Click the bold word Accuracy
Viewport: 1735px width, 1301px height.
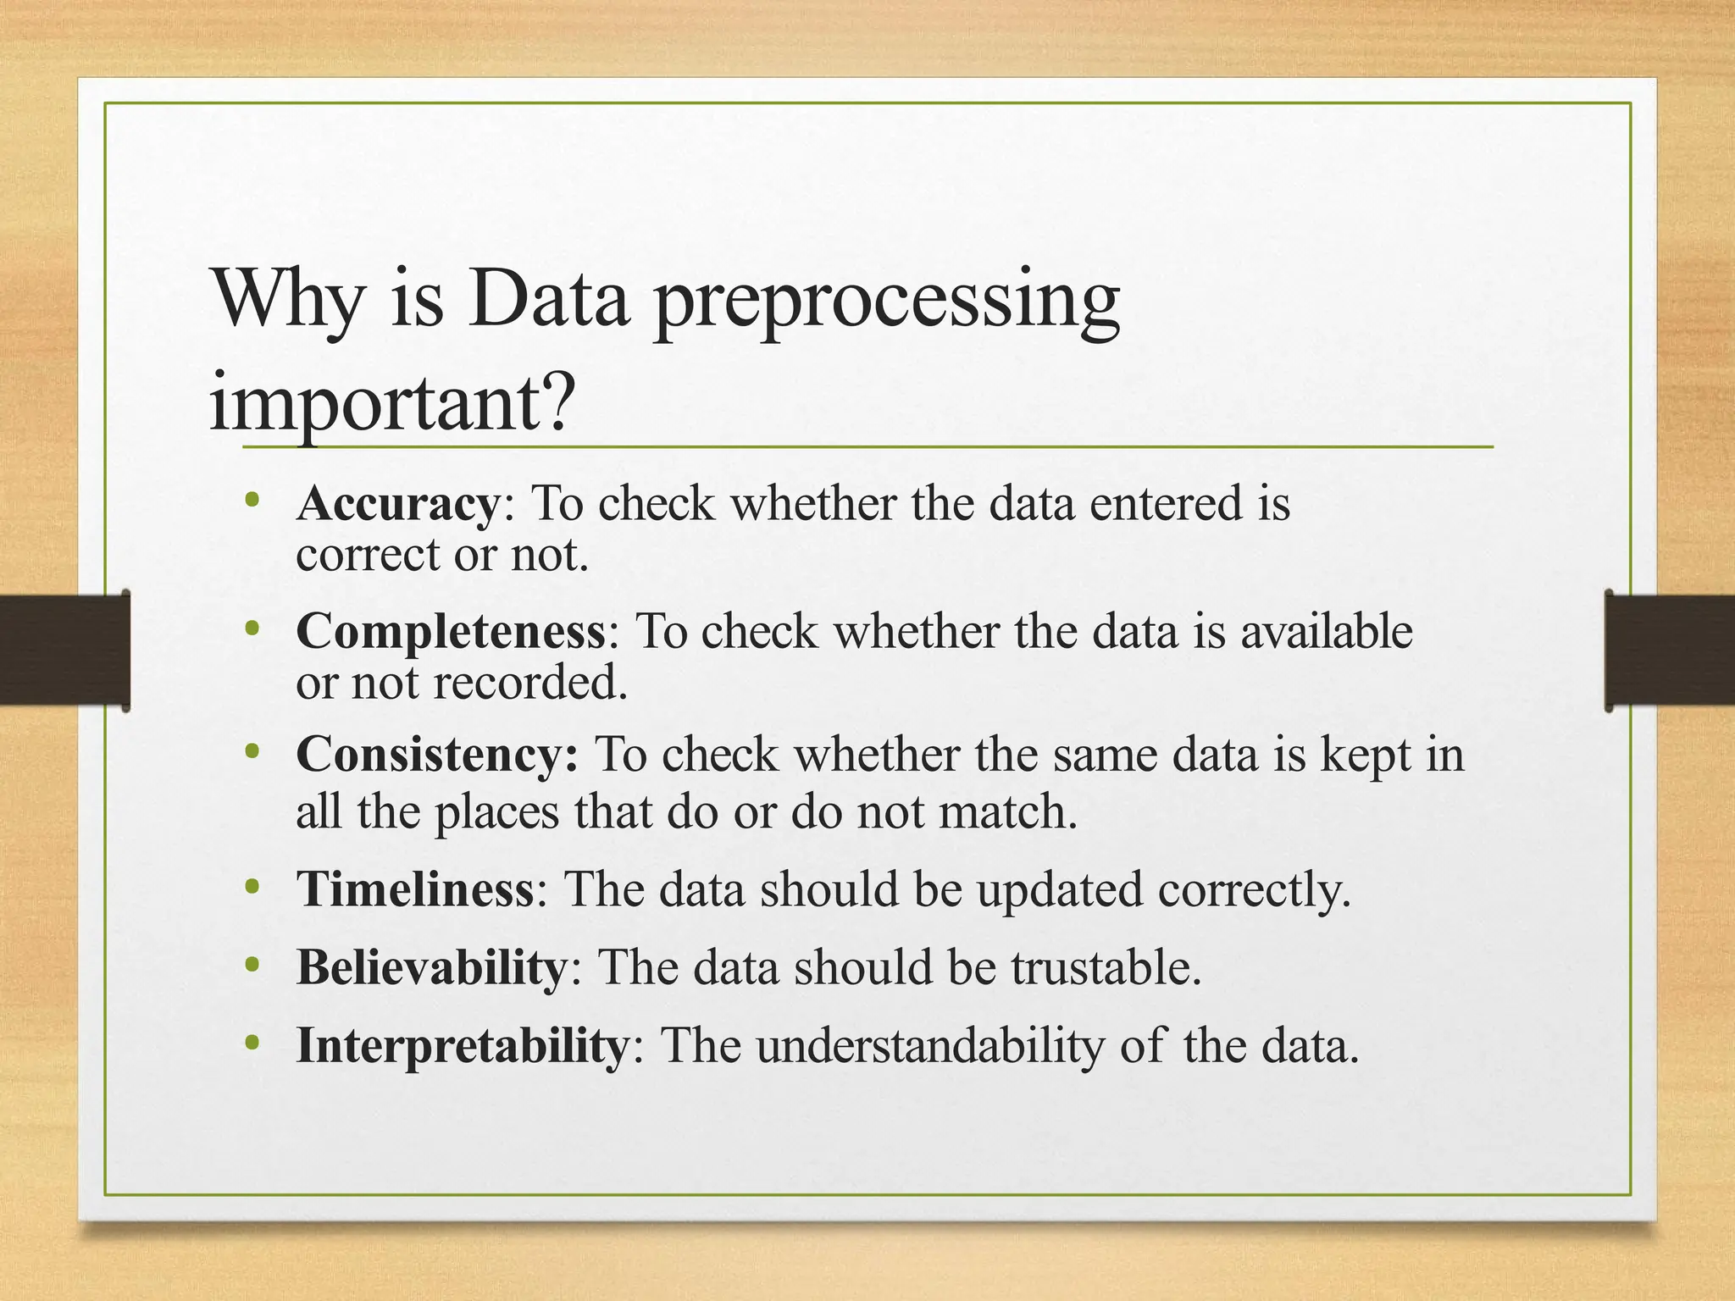tap(398, 505)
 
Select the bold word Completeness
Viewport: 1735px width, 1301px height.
tap(451, 633)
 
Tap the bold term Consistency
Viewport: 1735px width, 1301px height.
tap(437, 756)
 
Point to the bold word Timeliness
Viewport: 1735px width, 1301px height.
tap(415, 890)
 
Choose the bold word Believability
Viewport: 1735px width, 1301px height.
tap(431, 968)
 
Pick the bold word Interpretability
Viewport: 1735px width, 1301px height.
tap(463, 1046)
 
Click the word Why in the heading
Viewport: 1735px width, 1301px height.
tap(286, 301)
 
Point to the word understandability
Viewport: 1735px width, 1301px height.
tap(930, 1046)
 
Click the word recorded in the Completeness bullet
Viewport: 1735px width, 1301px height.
tap(530, 683)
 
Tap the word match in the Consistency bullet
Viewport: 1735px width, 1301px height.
tap(1008, 811)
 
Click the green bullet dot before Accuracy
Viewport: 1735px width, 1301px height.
tap(251, 501)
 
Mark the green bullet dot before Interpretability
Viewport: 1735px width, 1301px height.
tap(251, 1043)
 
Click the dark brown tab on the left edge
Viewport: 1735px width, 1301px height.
tap(64, 650)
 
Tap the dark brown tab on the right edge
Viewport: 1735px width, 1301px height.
tap(1669, 650)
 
